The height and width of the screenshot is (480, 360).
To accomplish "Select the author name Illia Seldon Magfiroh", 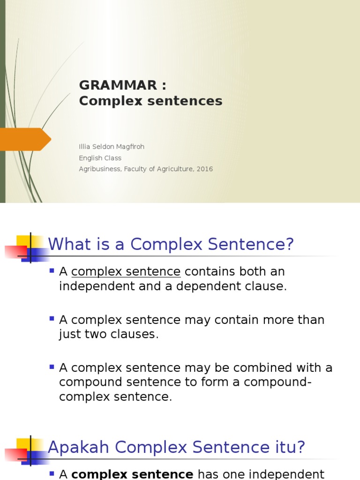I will click(112, 147).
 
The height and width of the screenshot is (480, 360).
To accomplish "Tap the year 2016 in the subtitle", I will click(204, 169).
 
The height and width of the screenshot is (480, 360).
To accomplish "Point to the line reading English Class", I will click(100, 158).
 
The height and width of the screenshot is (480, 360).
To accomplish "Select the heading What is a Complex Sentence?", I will click(171, 244).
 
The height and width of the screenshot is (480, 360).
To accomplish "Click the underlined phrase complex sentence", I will click(126, 272).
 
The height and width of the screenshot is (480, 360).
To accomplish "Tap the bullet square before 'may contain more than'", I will click(52, 319).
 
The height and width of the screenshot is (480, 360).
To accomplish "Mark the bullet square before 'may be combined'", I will click(52, 367).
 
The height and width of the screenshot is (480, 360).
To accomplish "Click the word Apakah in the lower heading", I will click(79, 447).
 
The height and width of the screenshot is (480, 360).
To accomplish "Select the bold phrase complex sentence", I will click(132, 474).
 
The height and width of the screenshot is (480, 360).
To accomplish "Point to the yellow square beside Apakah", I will click(23, 444).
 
